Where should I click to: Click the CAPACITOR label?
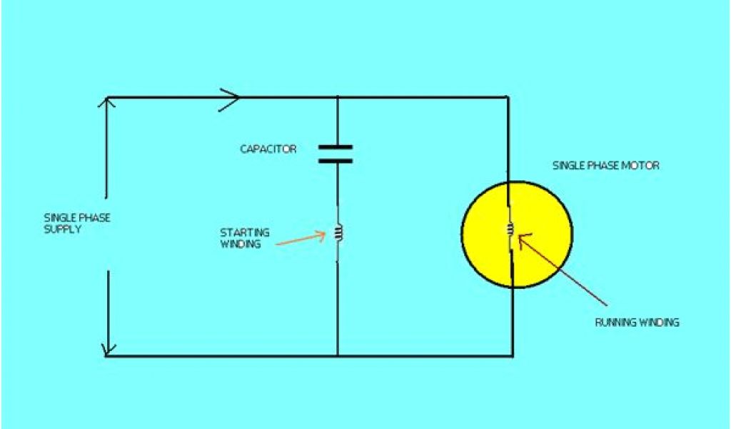click(268, 149)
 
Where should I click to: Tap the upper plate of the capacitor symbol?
click(335, 147)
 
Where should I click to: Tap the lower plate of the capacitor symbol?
click(335, 161)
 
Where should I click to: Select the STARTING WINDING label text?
click(244, 238)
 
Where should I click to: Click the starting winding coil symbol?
click(338, 232)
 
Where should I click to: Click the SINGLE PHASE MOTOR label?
click(606, 166)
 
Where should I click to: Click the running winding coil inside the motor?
click(510, 230)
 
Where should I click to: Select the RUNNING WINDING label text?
click(637, 322)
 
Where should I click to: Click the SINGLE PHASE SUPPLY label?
click(77, 223)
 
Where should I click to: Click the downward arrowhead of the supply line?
click(107, 350)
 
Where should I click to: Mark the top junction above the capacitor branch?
click(336, 97)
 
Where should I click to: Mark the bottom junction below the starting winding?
click(338, 355)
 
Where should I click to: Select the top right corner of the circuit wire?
click(508, 97)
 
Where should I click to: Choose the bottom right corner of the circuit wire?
click(511, 355)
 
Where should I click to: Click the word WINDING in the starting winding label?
click(240, 244)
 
